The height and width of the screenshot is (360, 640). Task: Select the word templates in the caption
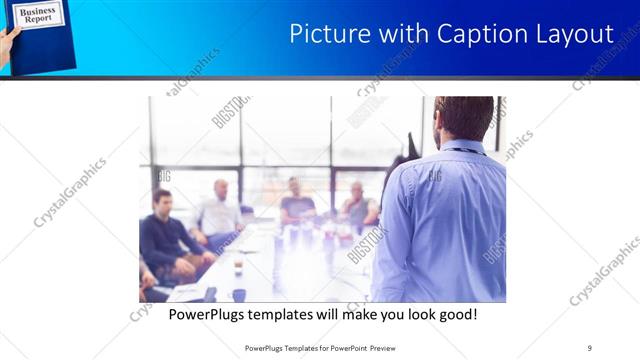click(284, 315)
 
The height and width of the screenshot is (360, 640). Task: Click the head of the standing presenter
click(463, 118)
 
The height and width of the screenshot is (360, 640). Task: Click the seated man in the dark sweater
click(165, 235)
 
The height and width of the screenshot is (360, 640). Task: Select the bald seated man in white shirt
click(219, 210)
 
